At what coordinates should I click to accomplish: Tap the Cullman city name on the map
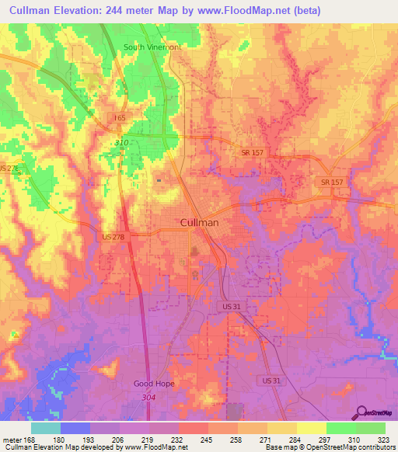click(x=199, y=222)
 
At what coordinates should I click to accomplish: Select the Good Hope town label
click(x=153, y=384)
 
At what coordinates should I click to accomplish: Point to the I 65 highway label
click(x=119, y=118)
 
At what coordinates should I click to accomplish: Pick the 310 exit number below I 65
click(x=121, y=143)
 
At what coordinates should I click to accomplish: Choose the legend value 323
click(x=384, y=440)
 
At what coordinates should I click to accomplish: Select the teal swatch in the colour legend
click(x=46, y=428)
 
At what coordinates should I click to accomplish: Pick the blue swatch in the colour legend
click(x=75, y=428)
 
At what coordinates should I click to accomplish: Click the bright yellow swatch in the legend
click(x=311, y=428)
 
